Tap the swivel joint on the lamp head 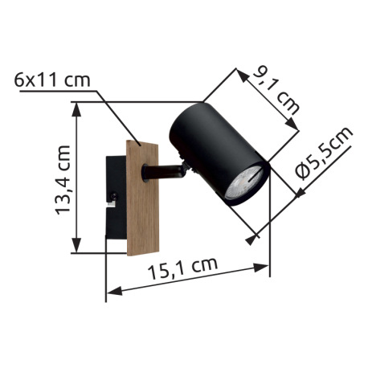[187, 167]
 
